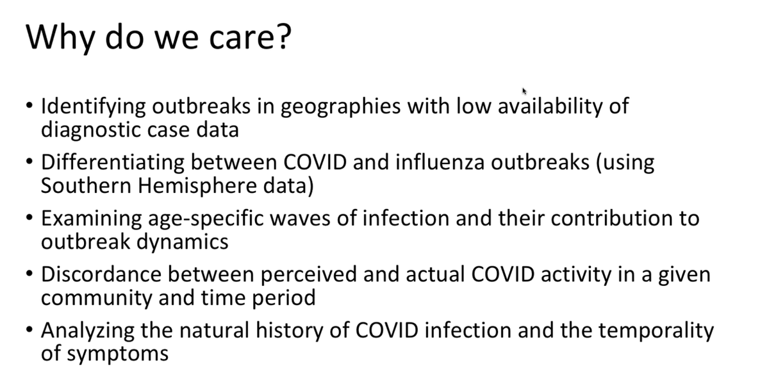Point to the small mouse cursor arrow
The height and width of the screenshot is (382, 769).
[x=524, y=91]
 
